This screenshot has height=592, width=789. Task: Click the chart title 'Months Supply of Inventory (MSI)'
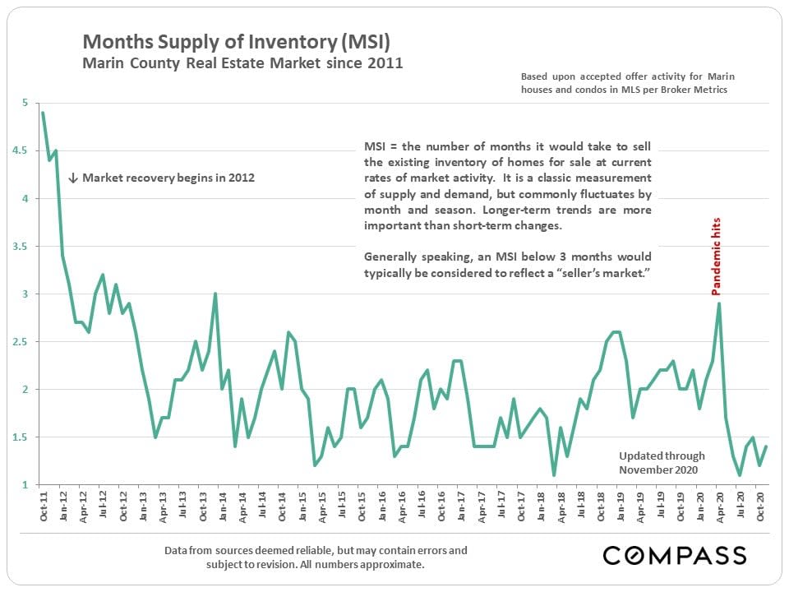tap(235, 42)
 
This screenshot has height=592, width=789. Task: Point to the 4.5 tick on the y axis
tap(25, 151)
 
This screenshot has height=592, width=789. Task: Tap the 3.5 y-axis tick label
tap(25, 247)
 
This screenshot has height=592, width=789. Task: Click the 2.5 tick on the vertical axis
tap(25, 342)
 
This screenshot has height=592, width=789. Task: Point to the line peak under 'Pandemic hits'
tap(720, 304)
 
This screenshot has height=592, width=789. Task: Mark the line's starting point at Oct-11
tap(43, 113)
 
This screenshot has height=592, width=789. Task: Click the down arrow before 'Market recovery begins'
tap(72, 178)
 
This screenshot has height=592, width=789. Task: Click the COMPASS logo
tap(675, 554)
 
